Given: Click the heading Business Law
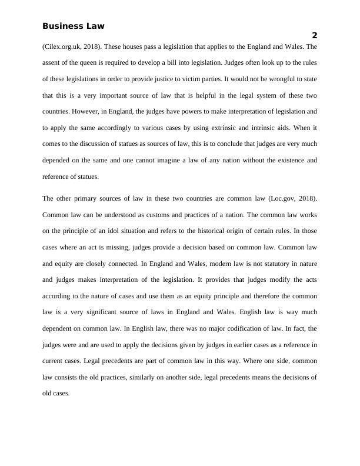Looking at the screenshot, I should [74, 26].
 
